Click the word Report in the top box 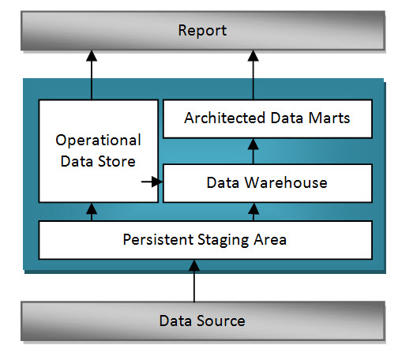(202, 31)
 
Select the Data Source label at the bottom (202, 321)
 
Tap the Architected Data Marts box (266, 118)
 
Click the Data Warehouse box (266, 182)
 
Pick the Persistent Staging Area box (205, 240)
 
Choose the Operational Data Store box (98, 150)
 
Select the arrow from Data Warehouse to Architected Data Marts (253, 150)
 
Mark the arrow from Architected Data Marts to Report (253, 74)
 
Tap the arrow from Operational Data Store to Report (92, 74)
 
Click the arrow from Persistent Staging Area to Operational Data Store (92, 212)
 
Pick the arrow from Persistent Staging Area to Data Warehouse (253, 212)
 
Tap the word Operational (98, 141)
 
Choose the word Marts (330, 118)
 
